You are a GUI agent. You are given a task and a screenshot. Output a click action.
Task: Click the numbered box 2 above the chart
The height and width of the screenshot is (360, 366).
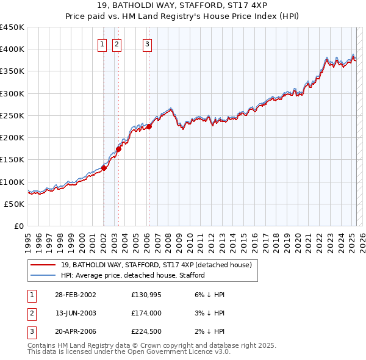(x=116, y=44)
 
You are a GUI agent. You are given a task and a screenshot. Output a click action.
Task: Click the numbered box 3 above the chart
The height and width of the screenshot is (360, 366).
(x=148, y=44)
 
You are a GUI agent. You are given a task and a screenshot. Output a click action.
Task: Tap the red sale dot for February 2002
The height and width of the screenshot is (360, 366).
(x=104, y=168)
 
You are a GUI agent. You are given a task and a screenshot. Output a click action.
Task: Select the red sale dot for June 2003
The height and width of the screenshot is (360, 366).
(x=118, y=148)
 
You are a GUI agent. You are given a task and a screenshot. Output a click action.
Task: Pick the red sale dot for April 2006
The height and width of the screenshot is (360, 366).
(x=149, y=126)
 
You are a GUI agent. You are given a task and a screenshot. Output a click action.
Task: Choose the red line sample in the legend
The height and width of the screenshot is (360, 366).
(x=43, y=265)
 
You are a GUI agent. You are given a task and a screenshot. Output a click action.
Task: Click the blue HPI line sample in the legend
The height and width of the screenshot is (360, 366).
(x=43, y=275)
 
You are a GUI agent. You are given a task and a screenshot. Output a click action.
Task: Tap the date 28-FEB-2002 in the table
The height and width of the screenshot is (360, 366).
(x=76, y=295)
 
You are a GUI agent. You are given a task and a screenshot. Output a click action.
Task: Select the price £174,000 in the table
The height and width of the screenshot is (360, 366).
(x=146, y=313)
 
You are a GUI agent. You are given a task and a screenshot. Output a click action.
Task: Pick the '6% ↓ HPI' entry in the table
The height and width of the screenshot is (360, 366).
(x=208, y=295)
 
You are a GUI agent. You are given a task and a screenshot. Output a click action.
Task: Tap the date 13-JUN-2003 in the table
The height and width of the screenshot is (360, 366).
(x=76, y=313)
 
